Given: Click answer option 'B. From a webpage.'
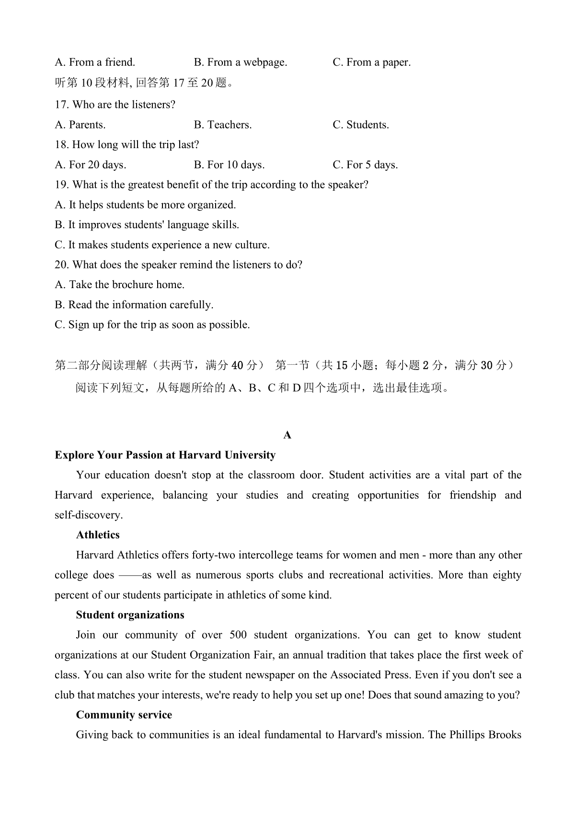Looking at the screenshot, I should pos(240,62).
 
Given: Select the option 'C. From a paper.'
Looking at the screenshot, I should pos(371,62).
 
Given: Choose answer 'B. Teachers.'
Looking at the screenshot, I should pos(222,125).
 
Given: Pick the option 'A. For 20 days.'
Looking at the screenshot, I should pos(91,165).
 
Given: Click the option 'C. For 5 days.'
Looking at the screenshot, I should pos(365,165).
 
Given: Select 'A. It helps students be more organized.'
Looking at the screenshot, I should pos(145,205).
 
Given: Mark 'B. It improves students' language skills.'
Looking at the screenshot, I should pos(147,225).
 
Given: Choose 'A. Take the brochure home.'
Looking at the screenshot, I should pos(119,285).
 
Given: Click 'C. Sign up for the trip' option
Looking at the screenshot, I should pos(152,325).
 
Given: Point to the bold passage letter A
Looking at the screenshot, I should pos(287,435).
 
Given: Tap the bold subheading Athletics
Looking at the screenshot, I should pos(98,535).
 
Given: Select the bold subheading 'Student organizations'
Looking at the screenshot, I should pos(130,615).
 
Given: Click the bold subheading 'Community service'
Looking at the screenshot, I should pos(124,715).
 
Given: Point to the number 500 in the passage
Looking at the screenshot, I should pos(238,635).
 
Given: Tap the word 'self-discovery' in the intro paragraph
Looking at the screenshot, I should pos(88,515).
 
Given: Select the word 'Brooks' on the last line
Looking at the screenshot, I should pos(505,735).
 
